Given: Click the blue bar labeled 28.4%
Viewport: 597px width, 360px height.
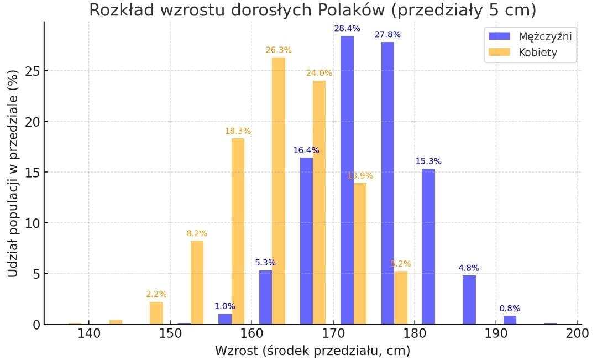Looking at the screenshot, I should (347, 180).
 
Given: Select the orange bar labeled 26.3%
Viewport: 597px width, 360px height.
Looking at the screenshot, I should (279, 191).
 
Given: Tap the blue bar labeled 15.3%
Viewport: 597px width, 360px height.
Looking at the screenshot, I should (428, 246).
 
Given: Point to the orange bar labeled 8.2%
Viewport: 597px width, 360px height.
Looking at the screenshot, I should (197, 282).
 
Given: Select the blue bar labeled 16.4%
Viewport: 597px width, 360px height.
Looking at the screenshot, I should (306, 241).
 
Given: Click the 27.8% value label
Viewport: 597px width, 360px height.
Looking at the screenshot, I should (387, 34).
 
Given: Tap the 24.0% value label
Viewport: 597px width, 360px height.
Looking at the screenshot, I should (320, 73).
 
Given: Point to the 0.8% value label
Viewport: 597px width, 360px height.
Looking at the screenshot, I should (510, 309).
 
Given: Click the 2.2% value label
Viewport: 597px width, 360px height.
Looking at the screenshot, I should (156, 294).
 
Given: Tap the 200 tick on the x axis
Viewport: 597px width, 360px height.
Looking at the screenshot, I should (577, 334).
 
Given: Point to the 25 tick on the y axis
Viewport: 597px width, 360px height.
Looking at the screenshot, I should (30, 71).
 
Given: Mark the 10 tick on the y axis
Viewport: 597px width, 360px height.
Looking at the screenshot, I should (30, 223).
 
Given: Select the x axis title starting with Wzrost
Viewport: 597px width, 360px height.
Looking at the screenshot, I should (312, 351).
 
